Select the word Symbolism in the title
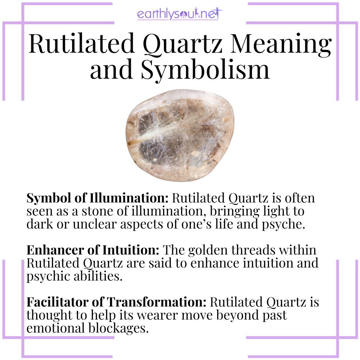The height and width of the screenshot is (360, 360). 206,70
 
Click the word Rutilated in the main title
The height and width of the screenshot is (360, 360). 82,45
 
